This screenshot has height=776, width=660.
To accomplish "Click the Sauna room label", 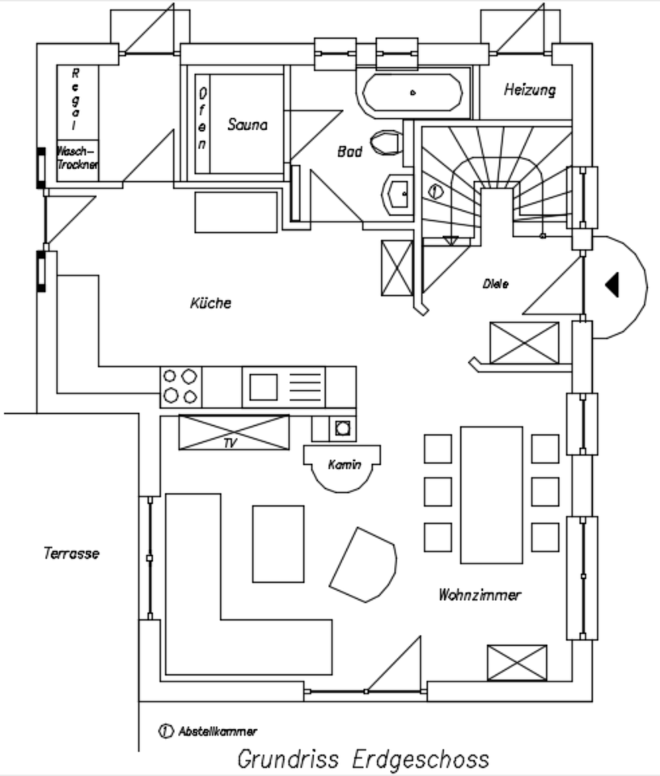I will pyautogui.click(x=247, y=124).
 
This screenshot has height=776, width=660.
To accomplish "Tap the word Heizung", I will pyautogui.click(x=530, y=90).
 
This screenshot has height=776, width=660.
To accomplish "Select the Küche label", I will pyautogui.click(x=210, y=303).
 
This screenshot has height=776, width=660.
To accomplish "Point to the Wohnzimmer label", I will pyautogui.click(x=480, y=595).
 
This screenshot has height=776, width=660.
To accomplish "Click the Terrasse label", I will pyautogui.click(x=71, y=554).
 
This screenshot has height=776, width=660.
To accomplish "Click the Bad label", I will pyautogui.click(x=349, y=150).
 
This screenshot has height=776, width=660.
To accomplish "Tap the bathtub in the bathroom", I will pyautogui.click(x=412, y=94).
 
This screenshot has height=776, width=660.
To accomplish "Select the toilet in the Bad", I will pyautogui.click(x=387, y=144).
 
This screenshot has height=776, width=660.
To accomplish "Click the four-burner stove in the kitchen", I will pyautogui.click(x=180, y=386).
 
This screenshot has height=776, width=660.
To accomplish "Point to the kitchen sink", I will pyautogui.click(x=263, y=386).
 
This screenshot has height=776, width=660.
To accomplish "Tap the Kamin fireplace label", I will pyautogui.click(x=344, y=465).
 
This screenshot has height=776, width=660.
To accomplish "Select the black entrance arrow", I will pyautogui.click(x=612, y=285).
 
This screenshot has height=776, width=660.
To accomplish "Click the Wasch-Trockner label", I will pyautogui.click(x=77, y=158).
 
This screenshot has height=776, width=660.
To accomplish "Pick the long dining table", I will pyautogui.click(x=491, y=494).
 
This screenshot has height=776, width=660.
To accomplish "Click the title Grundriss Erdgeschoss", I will pyautogui.click(x=362, y=760).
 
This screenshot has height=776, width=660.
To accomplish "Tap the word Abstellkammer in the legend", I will pyautogui.click(x=218, y=731).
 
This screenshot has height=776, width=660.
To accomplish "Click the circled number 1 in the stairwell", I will pyautogui.click(x=434, y=192).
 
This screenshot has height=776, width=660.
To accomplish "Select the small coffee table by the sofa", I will pyautogui.click(x=278, y=543).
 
